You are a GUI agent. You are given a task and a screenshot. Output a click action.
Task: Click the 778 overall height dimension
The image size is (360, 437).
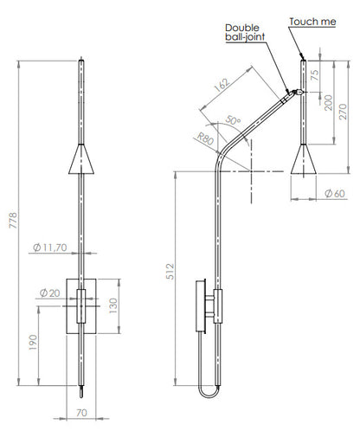point(14,220)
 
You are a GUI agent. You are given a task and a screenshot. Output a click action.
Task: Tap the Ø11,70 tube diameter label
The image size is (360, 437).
point(50,247)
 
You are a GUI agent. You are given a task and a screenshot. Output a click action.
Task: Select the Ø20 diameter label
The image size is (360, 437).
point(49,293)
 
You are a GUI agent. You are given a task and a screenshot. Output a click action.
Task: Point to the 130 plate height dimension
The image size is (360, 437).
point(113,306)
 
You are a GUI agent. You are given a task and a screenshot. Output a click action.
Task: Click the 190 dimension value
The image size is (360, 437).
point(33,343)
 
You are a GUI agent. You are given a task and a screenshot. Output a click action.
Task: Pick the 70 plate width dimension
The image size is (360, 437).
point(81,413)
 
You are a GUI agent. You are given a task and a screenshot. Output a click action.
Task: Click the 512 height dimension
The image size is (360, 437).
point(170,272)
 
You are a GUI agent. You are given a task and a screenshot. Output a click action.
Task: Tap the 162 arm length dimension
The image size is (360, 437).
point(222,85)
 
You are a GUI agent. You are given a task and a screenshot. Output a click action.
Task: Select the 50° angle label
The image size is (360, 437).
point(233,120)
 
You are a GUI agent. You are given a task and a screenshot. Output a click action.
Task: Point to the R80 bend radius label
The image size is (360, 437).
point(205,138)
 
